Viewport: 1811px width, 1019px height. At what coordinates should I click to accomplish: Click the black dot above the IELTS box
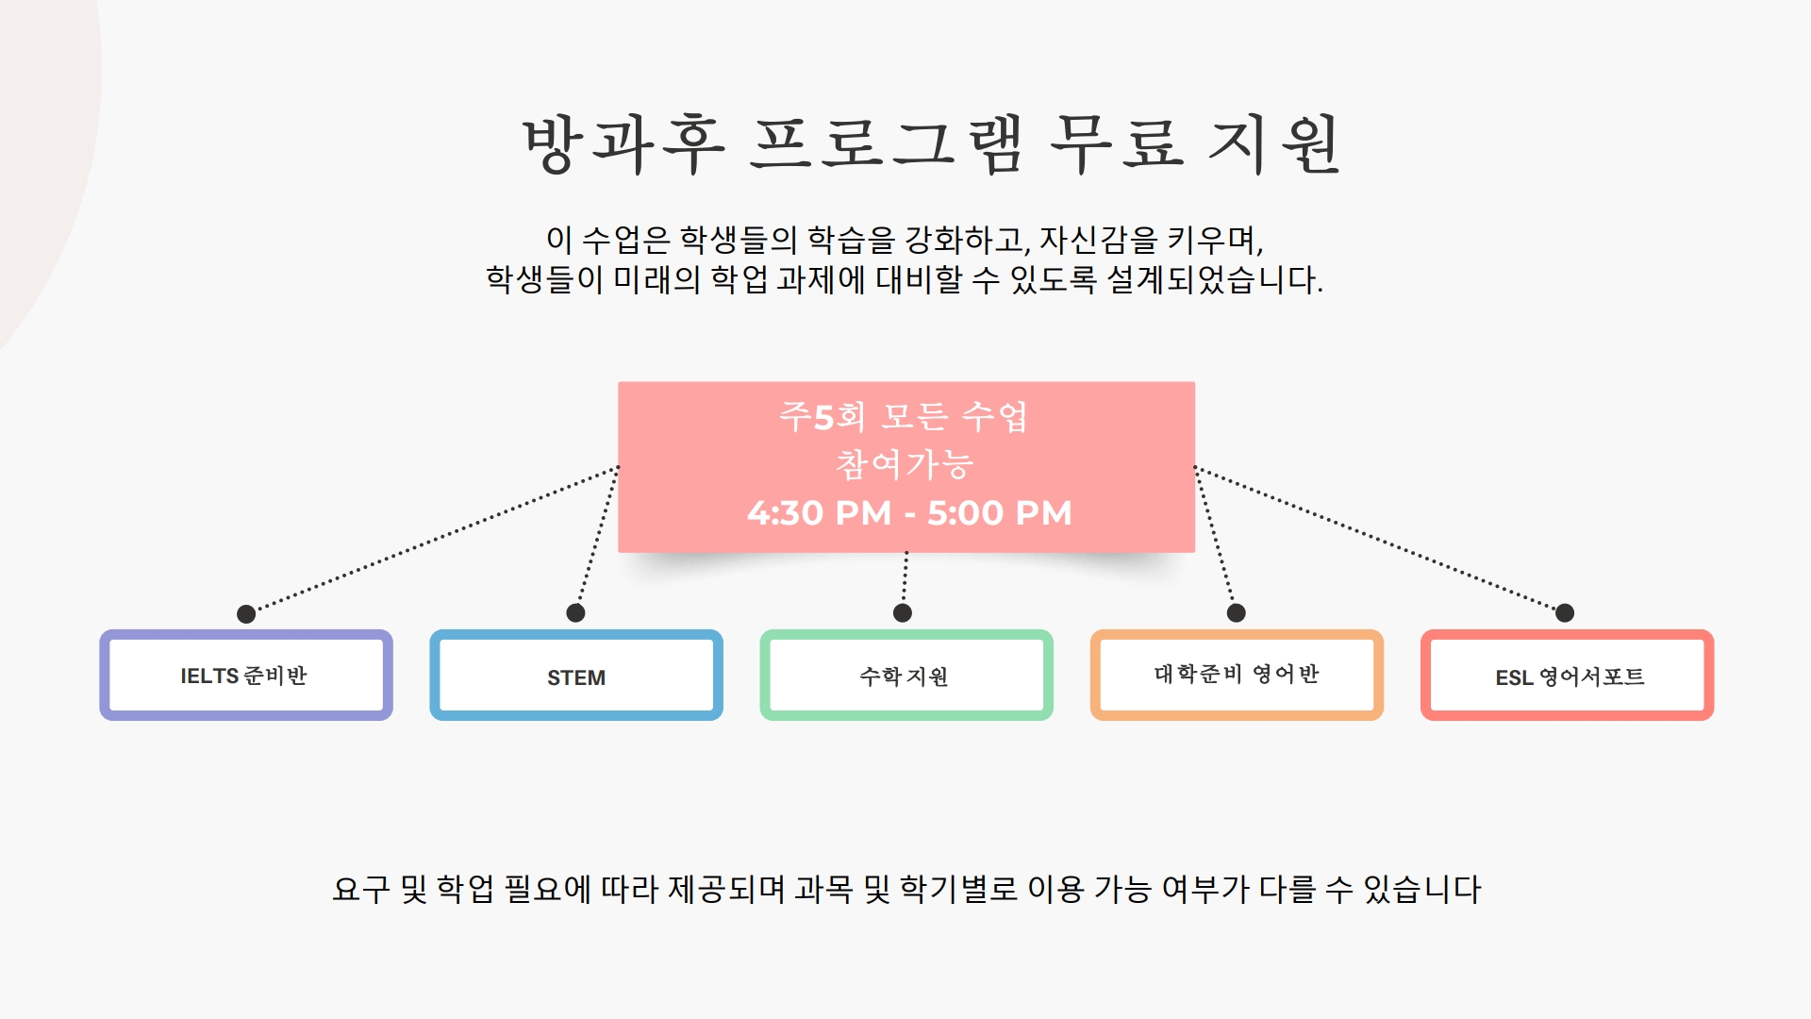click(x=246, y=614)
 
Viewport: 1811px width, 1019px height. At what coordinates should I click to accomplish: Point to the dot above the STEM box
click(x=575, y=613)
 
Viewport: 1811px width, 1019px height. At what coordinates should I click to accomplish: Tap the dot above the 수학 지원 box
click(x=903, y=613)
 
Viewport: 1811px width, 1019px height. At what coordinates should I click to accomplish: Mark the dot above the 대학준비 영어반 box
click(x=1237, y=613)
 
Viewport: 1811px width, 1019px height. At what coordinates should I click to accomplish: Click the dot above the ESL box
click(x=1565, y=613)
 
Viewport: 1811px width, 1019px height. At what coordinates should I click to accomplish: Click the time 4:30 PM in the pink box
click(x=819, y=513)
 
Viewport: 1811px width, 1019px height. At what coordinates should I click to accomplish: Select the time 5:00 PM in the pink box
click(x=1000, y=513)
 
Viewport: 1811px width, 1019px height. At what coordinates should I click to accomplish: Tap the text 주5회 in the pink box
click(x=822, y=416)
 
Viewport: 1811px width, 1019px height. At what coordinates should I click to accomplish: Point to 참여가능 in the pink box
click(x=905, y=464)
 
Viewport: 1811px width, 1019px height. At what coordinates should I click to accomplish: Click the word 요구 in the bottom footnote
click(x=361, y=889)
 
